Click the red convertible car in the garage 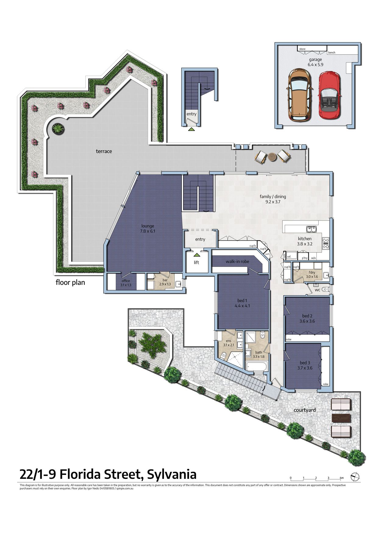coord(329,95)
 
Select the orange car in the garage coord(299,95)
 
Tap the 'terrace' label coord(104,151)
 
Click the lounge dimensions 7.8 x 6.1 coord(148,231)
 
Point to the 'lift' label coord(197,262)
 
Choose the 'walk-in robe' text coord(237,261)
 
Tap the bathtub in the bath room coord(257,366)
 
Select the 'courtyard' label coord(305,410)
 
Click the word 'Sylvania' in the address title coord(172,475)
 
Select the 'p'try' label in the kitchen coord(305,258)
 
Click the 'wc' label coord(317,290)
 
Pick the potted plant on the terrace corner coord(58,128)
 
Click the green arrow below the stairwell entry coord(191,129)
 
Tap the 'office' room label coord(126,281)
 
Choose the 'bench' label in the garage coord(331,52)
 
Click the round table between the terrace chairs coord(272,157)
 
